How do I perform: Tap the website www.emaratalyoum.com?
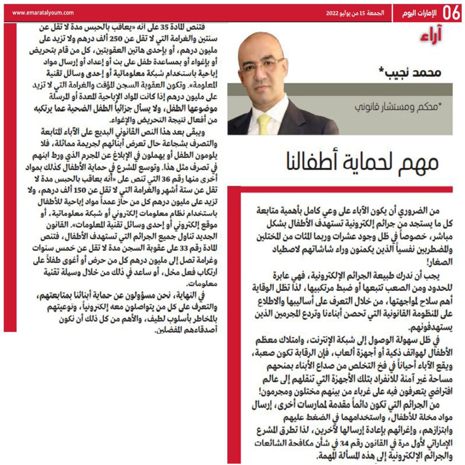(42, 13)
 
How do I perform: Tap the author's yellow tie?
(265, 123)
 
